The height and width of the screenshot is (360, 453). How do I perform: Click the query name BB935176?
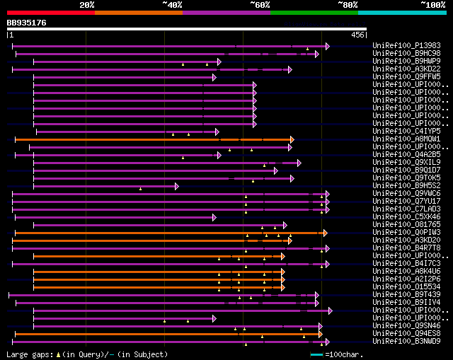pos(27,23)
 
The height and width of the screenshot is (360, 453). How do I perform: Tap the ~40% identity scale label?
pos(172,5)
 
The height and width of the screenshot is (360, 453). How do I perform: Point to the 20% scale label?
pos(87,5)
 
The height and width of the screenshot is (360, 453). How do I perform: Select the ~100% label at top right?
pos(432,5)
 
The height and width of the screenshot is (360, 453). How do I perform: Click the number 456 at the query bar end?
pos(357,34)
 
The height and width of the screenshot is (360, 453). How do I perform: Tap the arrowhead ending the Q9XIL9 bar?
pos(299,163)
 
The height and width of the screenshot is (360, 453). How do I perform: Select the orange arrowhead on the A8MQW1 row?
pos(292,139)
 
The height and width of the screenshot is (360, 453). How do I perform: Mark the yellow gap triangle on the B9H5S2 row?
pos(140,189)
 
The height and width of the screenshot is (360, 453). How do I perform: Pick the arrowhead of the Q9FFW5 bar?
pos(214,77)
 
